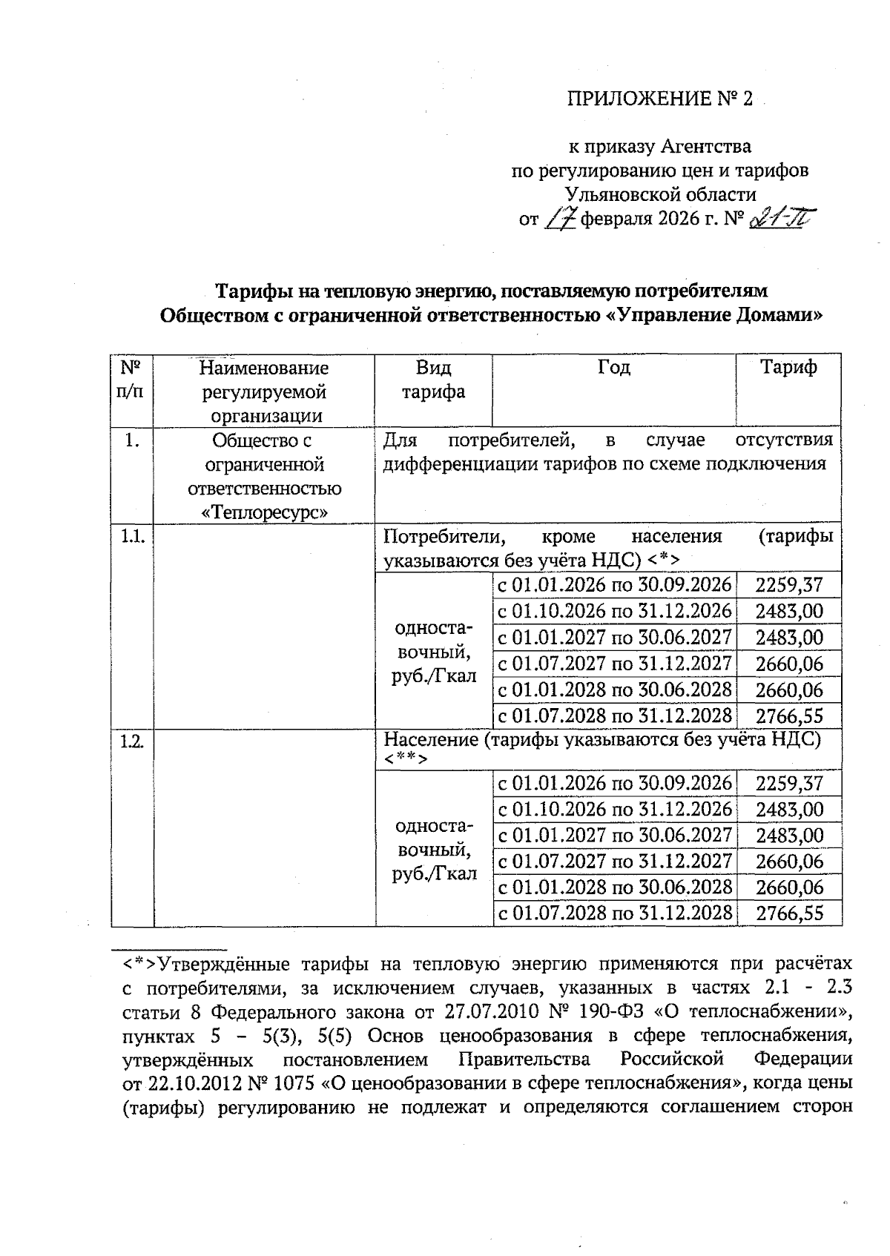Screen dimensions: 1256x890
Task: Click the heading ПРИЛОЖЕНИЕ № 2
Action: click(659, 99)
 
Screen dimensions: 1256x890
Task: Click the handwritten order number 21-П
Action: click(781, 219)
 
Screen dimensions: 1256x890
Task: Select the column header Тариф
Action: click(788, 367)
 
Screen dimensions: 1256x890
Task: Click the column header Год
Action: click(613, 367)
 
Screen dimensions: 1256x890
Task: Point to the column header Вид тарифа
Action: click(433, 380)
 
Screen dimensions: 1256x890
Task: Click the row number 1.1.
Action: click(132, 535)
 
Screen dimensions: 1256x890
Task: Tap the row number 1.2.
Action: click(132, 741)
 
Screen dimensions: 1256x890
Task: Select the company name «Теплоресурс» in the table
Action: click(265, 512)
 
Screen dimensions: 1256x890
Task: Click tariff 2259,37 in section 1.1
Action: click(789, 585)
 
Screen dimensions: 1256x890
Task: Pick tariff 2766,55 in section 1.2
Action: click(789, 913)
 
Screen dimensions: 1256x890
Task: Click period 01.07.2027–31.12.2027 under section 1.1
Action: click(614, 663)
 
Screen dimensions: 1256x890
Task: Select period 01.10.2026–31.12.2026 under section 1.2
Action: click(614, 809)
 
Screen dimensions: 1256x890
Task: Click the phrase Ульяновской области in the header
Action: click(660, 195)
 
